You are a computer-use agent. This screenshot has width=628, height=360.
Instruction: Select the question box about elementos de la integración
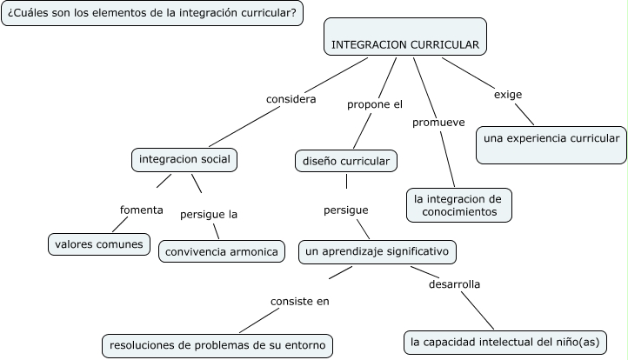pyautogui.click(x=152, y=14)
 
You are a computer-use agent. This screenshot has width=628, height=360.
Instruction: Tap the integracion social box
pyautogui.click(x=184, y=161)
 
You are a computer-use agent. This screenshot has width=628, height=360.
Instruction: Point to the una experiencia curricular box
pyautogui.click(x=551, y=137)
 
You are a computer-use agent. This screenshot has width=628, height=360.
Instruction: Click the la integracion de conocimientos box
pyautogui.click(x=459, y=204)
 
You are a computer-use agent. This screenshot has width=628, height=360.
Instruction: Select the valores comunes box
pyautogui.click(x=97, y=243)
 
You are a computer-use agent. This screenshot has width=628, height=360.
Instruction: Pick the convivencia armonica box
pyautogui.click(x=222, y=251)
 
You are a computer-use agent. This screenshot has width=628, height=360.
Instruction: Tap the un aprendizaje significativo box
pyautogui.click(x=377, y=251)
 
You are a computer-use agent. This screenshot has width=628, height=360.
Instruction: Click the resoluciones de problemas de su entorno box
pyautogui.click(x=217, y=345)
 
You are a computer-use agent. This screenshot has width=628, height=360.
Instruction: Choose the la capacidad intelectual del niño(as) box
pyautogui.click(x=503, y=342)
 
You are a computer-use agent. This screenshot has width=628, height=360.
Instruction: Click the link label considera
pyautogui.click(x=291, y=98)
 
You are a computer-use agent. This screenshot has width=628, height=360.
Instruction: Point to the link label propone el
pyautogui.click(x=375, y=104)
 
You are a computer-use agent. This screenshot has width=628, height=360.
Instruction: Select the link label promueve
pyautogui.click(x=438, y=122)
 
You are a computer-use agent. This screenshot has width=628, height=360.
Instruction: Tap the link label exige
pyautogui.click(x=508, y=94)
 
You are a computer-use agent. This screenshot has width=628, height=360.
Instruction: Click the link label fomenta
pyautogui.click(x=142, y=209)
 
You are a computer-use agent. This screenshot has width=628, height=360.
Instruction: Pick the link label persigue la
pyautogui.click(x=209, y=214)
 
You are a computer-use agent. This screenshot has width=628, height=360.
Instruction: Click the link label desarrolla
pyautogui.click(x=454, y=283)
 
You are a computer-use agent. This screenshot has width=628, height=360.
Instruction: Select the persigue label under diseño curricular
pyautogui.click(x=345, y=210)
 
